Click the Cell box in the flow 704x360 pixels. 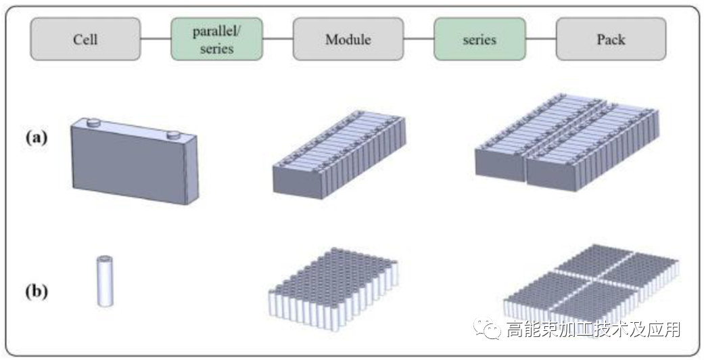click(85, 39)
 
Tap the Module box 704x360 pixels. click(348, 39)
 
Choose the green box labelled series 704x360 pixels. click(479, 39)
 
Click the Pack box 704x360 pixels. click(611, 39)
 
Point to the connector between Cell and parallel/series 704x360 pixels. click(156, 39)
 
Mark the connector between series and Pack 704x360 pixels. click(541, 39)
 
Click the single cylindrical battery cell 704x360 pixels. click(105, 281)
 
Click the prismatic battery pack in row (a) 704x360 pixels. click(567, 145)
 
